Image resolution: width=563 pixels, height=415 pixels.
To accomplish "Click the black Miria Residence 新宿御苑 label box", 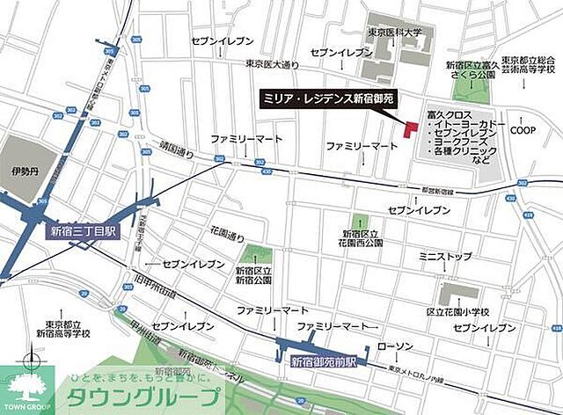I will point(334,98).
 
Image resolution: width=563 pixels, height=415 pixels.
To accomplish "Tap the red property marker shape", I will point(408,127).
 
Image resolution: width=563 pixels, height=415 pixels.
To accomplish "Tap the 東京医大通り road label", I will point(273,63).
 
